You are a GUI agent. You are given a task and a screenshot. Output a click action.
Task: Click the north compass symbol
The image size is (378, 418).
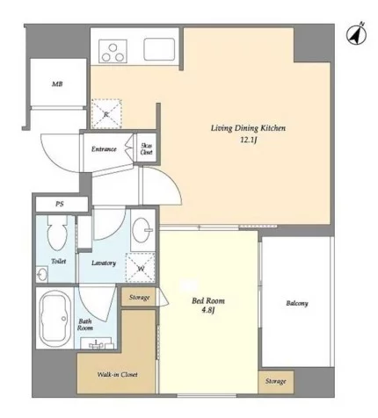(357, 34)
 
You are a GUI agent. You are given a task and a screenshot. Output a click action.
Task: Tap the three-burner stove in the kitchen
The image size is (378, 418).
(113, 51)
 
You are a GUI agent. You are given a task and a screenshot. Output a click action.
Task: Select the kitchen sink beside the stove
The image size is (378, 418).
(159, 49)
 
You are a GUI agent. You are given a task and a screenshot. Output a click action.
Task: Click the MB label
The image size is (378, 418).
(57, 84)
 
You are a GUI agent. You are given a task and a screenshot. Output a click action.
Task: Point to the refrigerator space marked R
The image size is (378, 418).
(106, 114)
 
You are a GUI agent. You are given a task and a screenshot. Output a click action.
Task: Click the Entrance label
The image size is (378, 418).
(104, 149)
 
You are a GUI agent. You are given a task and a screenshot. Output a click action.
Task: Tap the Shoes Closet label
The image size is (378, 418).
(146, 149)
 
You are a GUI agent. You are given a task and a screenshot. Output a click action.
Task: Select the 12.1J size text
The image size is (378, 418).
(249, 141)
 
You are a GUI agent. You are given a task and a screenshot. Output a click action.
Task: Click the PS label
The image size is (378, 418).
(60, 204)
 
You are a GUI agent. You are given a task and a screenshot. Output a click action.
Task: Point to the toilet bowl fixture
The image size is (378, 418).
(57, 233)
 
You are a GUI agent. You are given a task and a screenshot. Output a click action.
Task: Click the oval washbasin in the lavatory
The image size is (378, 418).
(142, 230)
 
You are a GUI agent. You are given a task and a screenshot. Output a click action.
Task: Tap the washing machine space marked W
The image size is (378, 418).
(141, 268)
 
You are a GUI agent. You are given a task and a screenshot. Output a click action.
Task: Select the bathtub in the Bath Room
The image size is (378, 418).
(55, 318)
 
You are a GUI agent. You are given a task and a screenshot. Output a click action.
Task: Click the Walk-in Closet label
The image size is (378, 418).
(117, 374)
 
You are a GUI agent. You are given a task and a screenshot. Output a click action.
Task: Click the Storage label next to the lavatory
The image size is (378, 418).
(139, 298)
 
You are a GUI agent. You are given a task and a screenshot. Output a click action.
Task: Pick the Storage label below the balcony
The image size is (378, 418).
(276, 381)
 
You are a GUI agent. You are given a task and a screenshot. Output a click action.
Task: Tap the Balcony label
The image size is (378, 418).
(297, 303)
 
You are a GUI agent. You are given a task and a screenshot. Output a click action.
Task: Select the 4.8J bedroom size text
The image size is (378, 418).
(208, 310)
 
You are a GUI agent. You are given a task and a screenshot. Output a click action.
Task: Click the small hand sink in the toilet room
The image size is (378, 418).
(42, 274)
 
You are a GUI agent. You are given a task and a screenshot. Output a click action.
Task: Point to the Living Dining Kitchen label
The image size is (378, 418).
(248, 128)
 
